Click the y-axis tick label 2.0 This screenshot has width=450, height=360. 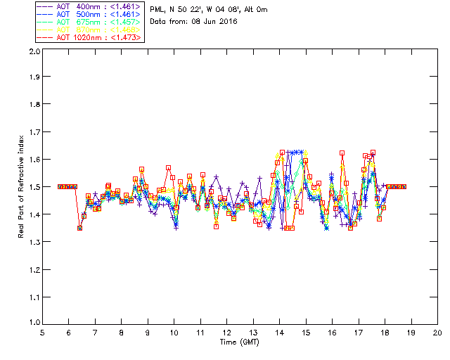pos(33,52)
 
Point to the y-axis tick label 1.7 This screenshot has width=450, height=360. pos(33,132)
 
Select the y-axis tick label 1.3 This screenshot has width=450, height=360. pos(33,242)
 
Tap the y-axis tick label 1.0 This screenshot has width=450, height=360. pos(33,323)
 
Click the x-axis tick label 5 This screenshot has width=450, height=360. pos(42,333)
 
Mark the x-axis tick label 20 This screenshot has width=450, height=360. pos(438,333)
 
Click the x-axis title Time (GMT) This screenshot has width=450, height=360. pos(240,342)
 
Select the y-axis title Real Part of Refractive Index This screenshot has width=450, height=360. pos(21,187)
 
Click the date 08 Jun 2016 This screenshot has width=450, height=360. pos(214,22)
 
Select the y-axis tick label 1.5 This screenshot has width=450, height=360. pos(33,187)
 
